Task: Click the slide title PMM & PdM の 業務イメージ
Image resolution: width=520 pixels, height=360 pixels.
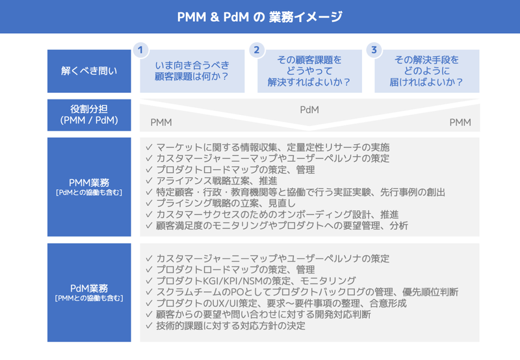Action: pyautogui.click(x=259, y=17)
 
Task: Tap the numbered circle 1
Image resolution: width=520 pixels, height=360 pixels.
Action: pyautogui.click(x=140, y=50)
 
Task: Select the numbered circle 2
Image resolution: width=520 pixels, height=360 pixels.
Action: pyautogui.click(x=257, y=50)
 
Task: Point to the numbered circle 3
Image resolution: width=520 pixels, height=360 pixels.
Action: pyautogui.click(x=374, y=50)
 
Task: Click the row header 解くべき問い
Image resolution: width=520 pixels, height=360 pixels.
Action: pyautogui.click(x=89, y=71)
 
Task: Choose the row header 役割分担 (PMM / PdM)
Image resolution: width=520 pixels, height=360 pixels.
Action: pyautogui.click(x=89, y=115)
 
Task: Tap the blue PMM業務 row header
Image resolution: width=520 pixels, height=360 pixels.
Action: pyautogui.click(x=89, y=187)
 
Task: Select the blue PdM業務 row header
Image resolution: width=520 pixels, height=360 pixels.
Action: pyautogui.click(x=89, y=292)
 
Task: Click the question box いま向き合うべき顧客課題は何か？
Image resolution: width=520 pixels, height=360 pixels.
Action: pyautogui.click(x=192, y=71)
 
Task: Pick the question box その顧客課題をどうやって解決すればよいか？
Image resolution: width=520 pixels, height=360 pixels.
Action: pyautogui.click(x=309, y=71)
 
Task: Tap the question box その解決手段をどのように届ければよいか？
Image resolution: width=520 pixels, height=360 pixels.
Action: pyautogui.click(x=427, y=71)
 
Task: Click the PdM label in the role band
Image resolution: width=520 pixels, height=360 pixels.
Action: pyautogui.click(x=309, y=110)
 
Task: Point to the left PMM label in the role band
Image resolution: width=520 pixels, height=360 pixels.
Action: pyautogui.click(x=161, y=123)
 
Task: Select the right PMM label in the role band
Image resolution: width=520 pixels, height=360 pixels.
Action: pyautogui.click(x=460, y=123)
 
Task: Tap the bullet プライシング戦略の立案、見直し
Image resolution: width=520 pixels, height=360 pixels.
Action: pyautogui.click(x=226, y=203)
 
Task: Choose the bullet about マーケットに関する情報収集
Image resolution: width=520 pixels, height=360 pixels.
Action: pyautogui.click(x=273, y=147)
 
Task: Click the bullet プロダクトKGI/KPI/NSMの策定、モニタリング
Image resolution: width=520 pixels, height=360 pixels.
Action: pyautogui.click(x=256, y=281)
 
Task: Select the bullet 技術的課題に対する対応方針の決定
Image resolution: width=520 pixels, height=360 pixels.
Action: pyautogui.click(x=231, y=326)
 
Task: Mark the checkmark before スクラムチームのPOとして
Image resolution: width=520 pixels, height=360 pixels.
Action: pyautogui.click(x=149, y=292)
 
